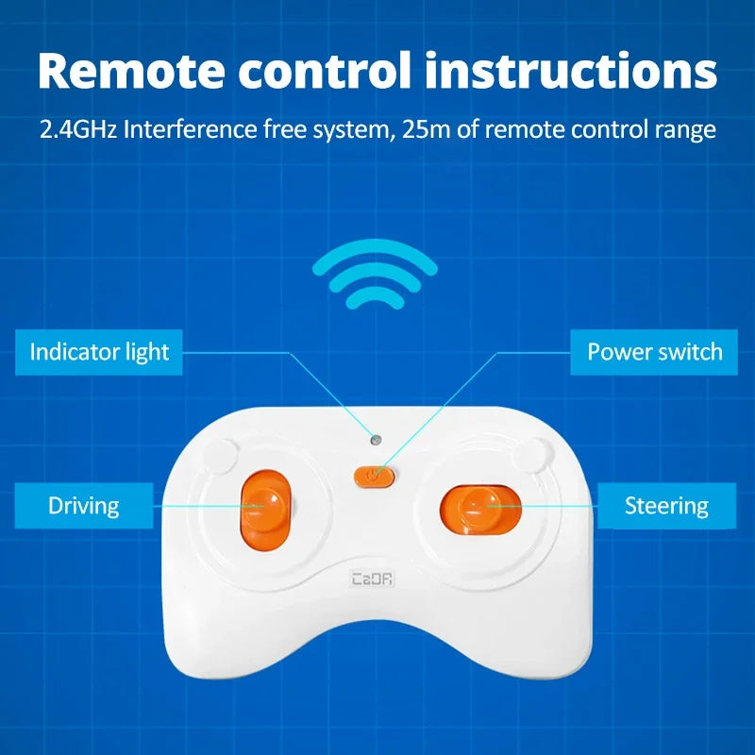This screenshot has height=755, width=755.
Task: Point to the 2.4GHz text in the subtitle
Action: click(x=78, y=128)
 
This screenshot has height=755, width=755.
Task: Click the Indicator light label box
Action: click(x=99, y=353)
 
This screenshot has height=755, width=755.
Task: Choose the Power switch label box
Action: click(x=654, y=353)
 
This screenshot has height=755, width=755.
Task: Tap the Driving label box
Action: click(x=84, y=506)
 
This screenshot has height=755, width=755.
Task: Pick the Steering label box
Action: click(x=666, y=506)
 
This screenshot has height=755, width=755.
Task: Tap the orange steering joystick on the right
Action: click(x=480, y=508)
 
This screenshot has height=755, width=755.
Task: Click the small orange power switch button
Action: click(x=375, y=476)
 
